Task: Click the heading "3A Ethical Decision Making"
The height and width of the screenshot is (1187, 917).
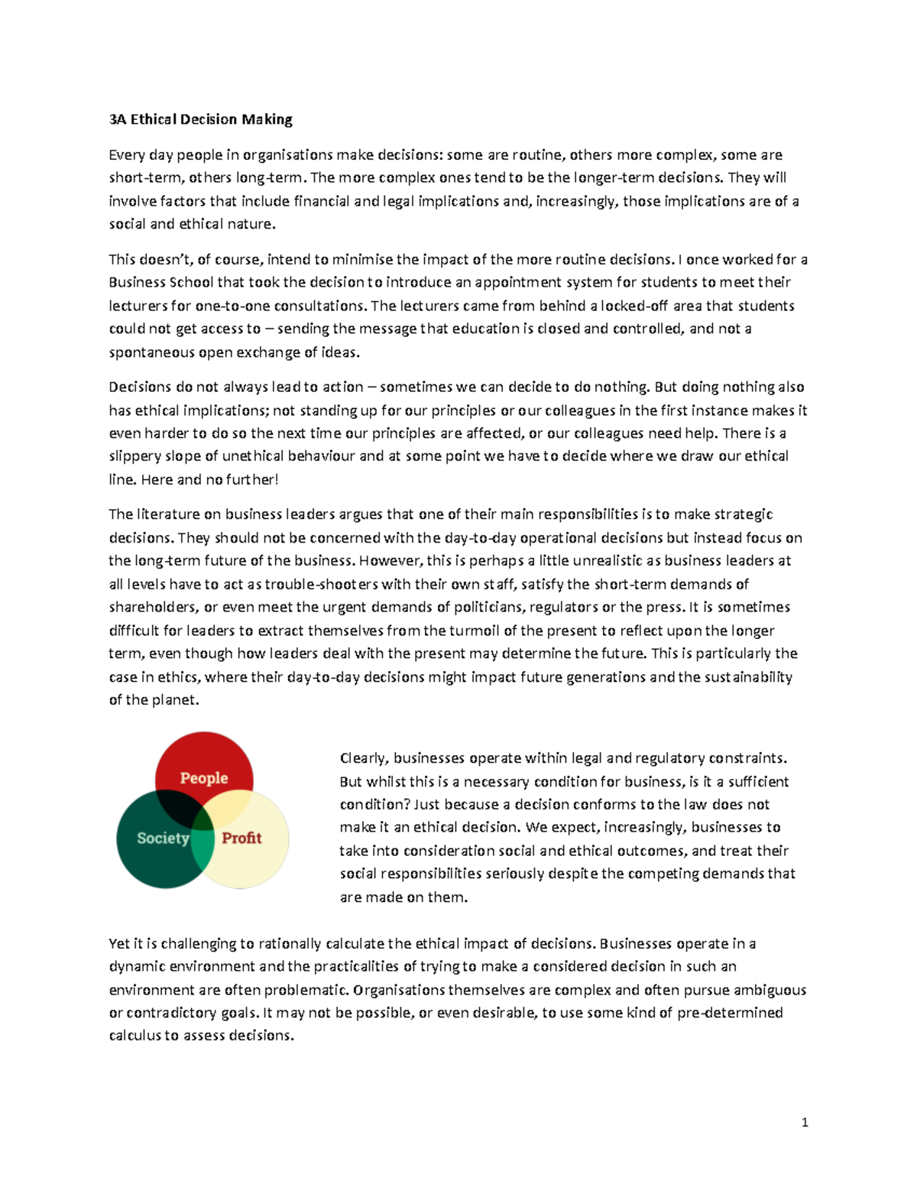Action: [x=200, y=119]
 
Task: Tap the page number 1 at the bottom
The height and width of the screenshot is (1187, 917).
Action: [x=805, y=1123]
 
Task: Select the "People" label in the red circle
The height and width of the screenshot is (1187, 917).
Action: [x=203, y=778]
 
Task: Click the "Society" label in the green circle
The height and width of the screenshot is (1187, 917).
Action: [x=163, y=838]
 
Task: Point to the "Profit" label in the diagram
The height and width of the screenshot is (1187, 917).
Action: [x=241, y=838]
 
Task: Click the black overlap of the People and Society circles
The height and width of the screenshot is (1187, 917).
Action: [x=177, y=806]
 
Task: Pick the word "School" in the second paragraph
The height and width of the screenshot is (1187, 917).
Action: [x=191, y=282]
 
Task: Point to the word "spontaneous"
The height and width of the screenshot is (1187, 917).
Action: [x=151, y=352]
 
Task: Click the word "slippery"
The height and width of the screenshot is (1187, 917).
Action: [x=134, y=456]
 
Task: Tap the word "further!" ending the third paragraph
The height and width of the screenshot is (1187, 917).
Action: [x=253, y=480]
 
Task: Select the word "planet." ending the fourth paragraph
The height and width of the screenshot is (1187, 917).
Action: [x=175, y=700]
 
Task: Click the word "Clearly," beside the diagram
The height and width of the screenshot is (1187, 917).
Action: [x=365, y=758]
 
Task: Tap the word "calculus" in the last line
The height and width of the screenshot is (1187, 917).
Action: [x=134, y=1036]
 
